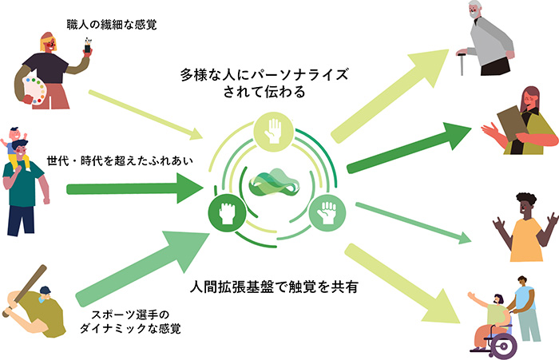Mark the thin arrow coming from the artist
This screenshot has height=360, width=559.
[144, 115]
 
